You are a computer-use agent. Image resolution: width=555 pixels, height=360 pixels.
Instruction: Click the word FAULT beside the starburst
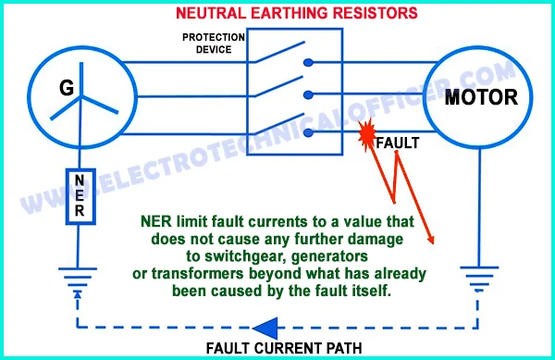point(399,143)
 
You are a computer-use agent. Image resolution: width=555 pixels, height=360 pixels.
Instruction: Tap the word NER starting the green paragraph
point(154,221)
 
